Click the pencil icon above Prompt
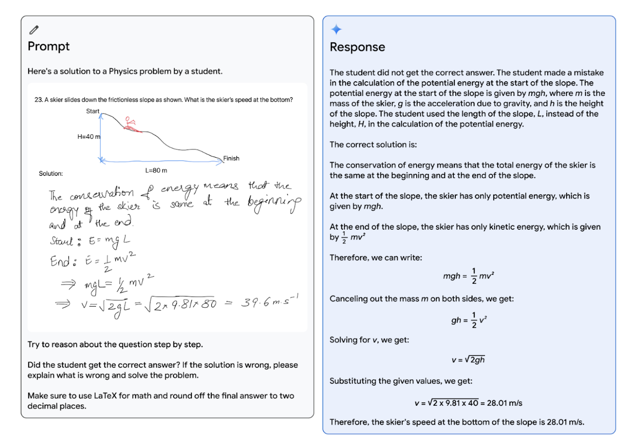[x=34, y=29]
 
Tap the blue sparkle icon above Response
[x=336, y=30]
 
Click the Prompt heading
[x=48, y=46]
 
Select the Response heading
[x=357, y=47]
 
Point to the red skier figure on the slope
[x=131, y=125]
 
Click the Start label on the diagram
[x=93, y=111]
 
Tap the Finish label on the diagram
[x=231, y=158]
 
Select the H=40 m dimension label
[x=89, y=137]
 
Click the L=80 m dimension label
[x=156, y=170]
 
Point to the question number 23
[x=38, y=100]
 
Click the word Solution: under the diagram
[x=51, y=174]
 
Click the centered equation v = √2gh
[x=468, y=360]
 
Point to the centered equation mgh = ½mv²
[x=468, y=276]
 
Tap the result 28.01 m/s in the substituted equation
[x=503, y=403]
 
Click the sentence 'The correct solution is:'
[x=373, y=144]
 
